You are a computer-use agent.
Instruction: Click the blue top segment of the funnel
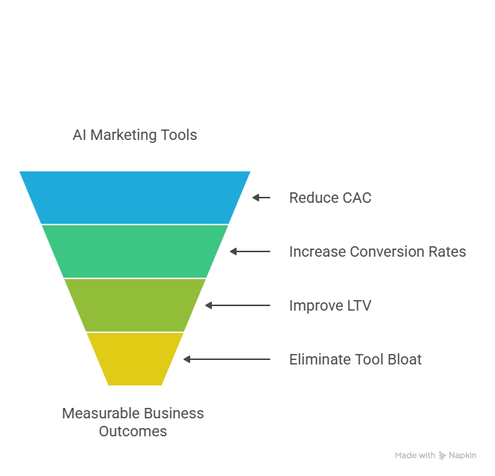(x=135, y=197)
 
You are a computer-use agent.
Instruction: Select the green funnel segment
(x=135, y=251)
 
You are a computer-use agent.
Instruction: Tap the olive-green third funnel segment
(x=135, y=305)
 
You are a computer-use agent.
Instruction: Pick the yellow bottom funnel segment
(x=135, y=358)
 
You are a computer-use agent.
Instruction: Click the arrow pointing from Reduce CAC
(x=261, y=198)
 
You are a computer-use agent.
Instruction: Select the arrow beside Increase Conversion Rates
(x=250, y=251)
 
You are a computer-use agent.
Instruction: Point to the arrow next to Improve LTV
(x=237, y=305)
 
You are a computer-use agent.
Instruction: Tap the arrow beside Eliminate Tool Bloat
(x=227, y=359)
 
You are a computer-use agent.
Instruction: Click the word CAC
(x=356, y=198)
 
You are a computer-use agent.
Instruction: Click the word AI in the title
(x=79, y=135)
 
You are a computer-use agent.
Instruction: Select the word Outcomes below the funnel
(x=133, y=431)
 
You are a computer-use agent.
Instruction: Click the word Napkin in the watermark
(x=462, y=455)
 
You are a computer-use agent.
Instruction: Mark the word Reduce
(x=312, y=198)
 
